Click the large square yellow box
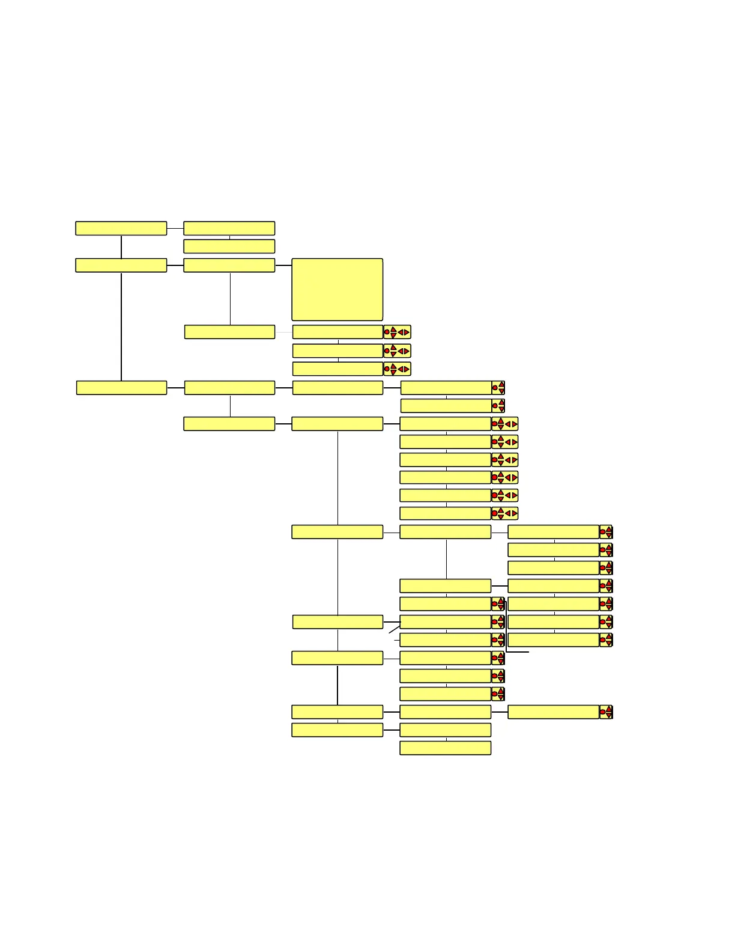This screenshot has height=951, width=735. click(337, 289)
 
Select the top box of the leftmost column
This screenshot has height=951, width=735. click(121, 228)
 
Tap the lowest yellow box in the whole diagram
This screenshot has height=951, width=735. click(445, 747)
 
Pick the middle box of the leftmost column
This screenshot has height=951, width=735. click(121, 265)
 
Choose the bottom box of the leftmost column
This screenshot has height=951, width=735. click(121, 388)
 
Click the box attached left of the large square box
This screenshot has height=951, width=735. click(229, 265)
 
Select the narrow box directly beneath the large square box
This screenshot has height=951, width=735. click(337, 332)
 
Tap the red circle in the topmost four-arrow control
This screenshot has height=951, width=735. click(387, 332)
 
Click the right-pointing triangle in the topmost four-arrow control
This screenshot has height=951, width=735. click(407, 332)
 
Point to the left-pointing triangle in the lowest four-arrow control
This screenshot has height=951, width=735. click(507, 513)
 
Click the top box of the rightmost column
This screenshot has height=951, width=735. click(553, 532)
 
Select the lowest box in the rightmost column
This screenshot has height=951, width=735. click(553, 712)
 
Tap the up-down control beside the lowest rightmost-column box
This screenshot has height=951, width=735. click(606, 712)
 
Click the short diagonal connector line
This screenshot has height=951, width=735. click(394, 629)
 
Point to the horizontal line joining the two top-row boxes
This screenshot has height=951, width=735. click(175, 228)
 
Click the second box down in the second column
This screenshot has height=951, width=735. click(229, 246)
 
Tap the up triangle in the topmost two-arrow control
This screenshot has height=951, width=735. click(501, 384)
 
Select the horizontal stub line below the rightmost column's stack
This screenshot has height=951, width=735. click(518, 651)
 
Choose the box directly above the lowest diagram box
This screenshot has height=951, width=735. click(445, 729)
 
